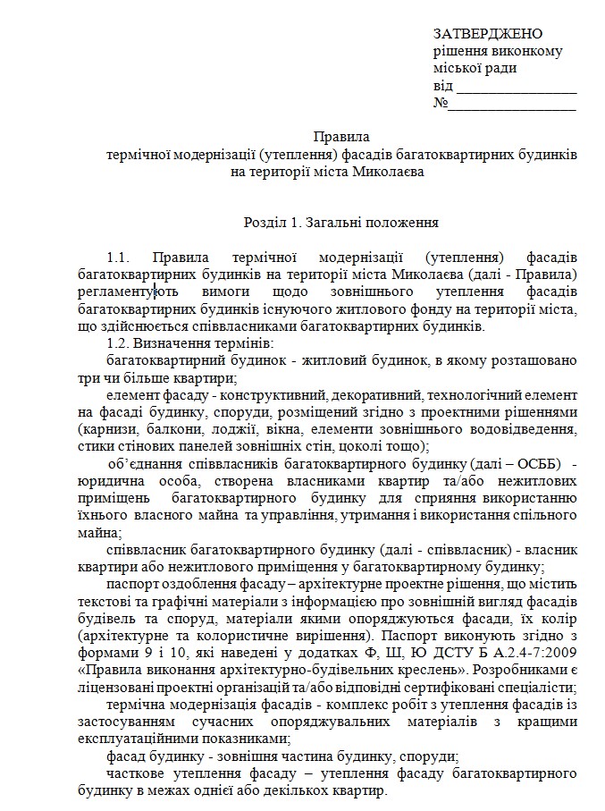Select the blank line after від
tap(517, 89)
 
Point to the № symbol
tap(440, 106)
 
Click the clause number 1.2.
tap(119, 344)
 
